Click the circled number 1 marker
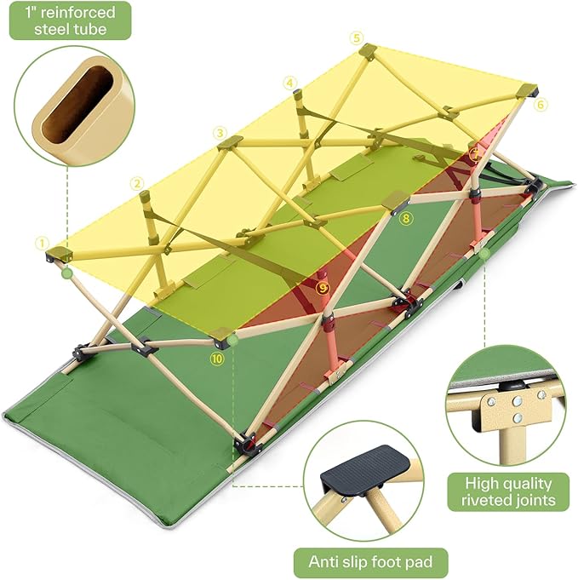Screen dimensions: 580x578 click(40, 243)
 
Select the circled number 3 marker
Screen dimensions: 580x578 click(220, 133)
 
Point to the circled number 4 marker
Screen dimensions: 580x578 click(292, 83)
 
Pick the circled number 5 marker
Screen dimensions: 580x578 click(356, 37)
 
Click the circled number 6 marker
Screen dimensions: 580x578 click(542, 104)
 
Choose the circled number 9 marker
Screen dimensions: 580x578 click(323, 288)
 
